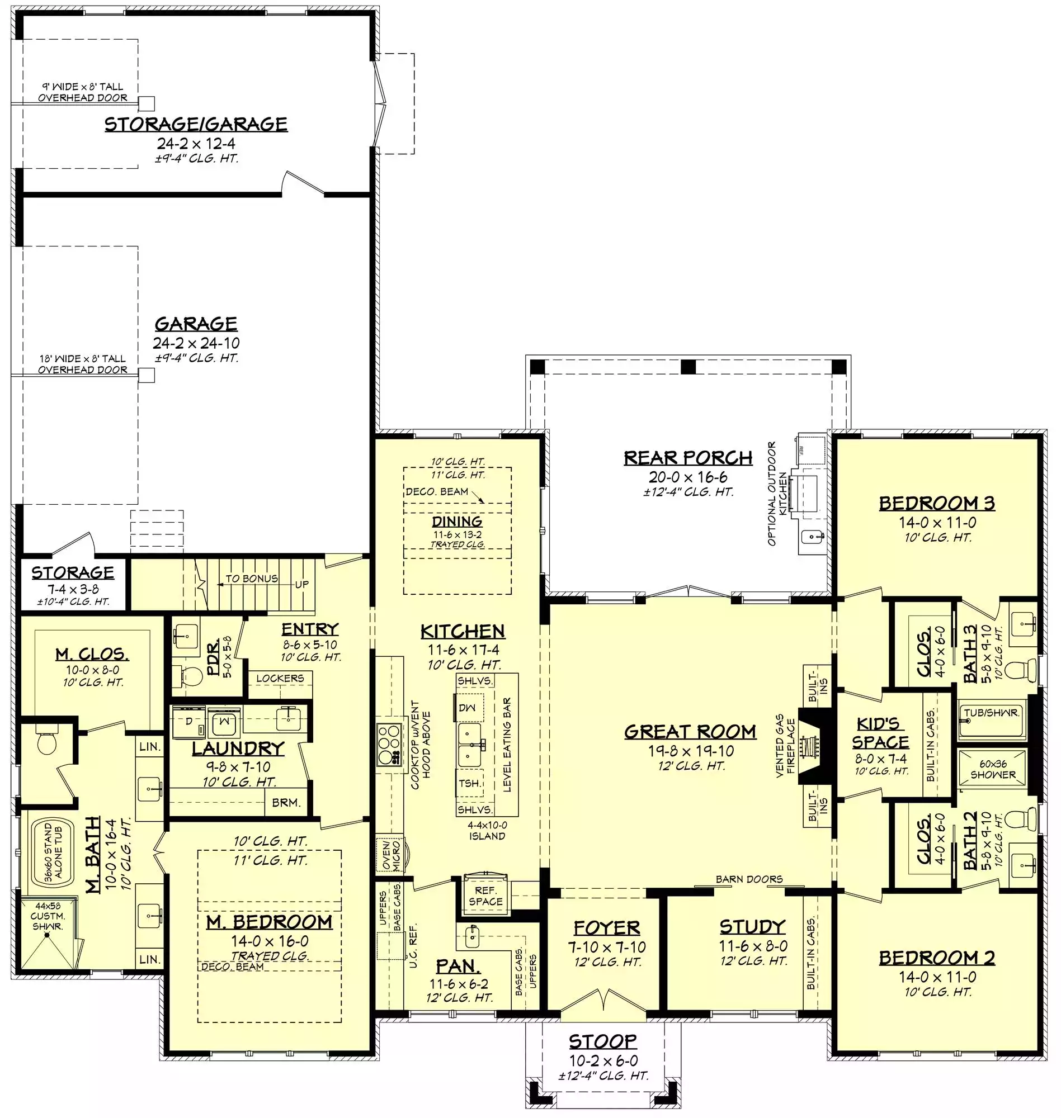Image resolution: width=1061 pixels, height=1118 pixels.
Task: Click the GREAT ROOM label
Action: tap(690, 731)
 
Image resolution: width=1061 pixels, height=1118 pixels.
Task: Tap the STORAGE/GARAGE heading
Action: tap(196, 124)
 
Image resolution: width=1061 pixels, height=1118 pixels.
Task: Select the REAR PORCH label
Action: tap(689, 457)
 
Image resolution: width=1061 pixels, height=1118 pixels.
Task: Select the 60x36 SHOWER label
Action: tap(993, 769)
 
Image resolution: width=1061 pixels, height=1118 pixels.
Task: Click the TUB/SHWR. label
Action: tap(992, 713)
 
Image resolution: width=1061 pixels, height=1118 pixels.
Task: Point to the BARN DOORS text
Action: tap(749, 879)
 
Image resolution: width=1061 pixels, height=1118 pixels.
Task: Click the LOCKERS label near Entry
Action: tap(280, 678)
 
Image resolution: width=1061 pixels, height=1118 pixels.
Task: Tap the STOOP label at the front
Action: tap(603, 1040)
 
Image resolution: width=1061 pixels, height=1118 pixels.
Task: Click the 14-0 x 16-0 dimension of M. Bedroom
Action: tap(270, 941)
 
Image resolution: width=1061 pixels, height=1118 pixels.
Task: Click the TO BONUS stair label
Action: tap(252, 578)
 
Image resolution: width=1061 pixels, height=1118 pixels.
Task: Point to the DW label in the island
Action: tap(467, 708)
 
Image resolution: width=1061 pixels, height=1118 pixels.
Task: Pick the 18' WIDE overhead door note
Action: tap(83, 364)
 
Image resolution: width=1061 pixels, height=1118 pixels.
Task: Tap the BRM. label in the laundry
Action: tap(286, 802)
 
